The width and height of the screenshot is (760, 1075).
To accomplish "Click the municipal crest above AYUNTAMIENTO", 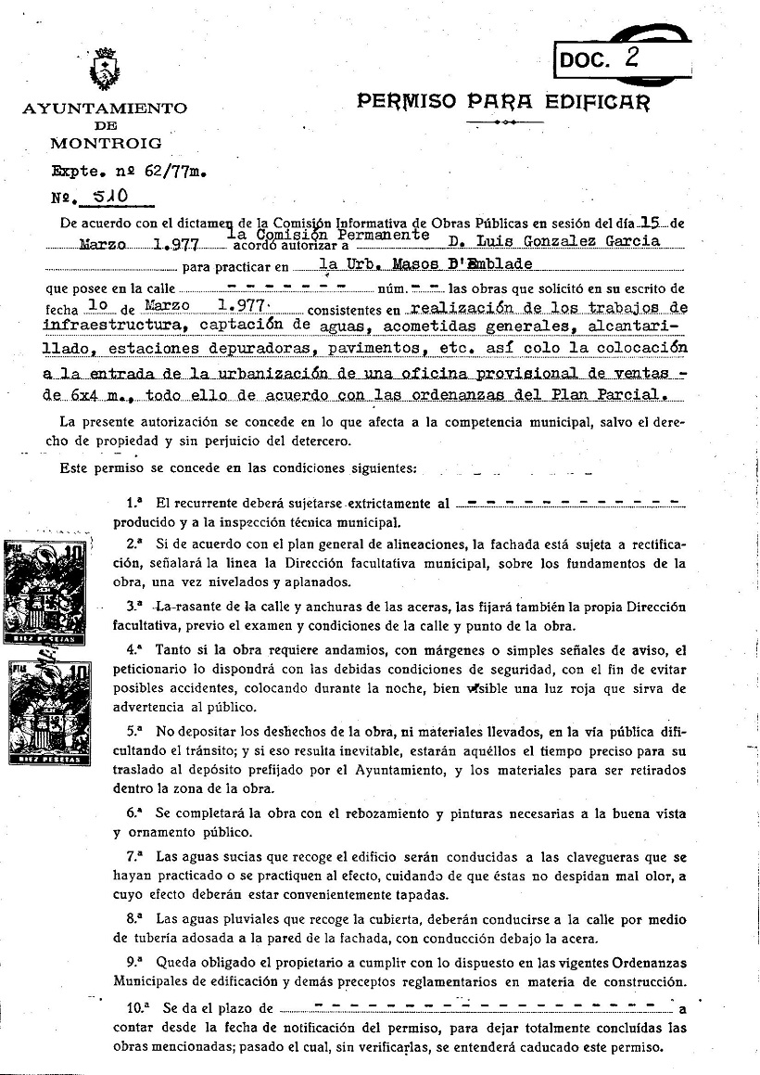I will [x=104, y=68].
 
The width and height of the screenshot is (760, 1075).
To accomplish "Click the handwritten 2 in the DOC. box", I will [x=632, y=58].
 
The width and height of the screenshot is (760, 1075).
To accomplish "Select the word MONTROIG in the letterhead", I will [x=105, y=144].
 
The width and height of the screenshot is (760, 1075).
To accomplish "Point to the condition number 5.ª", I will [x=134, y=731].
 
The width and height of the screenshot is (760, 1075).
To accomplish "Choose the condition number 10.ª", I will [x=137, y=1008].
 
